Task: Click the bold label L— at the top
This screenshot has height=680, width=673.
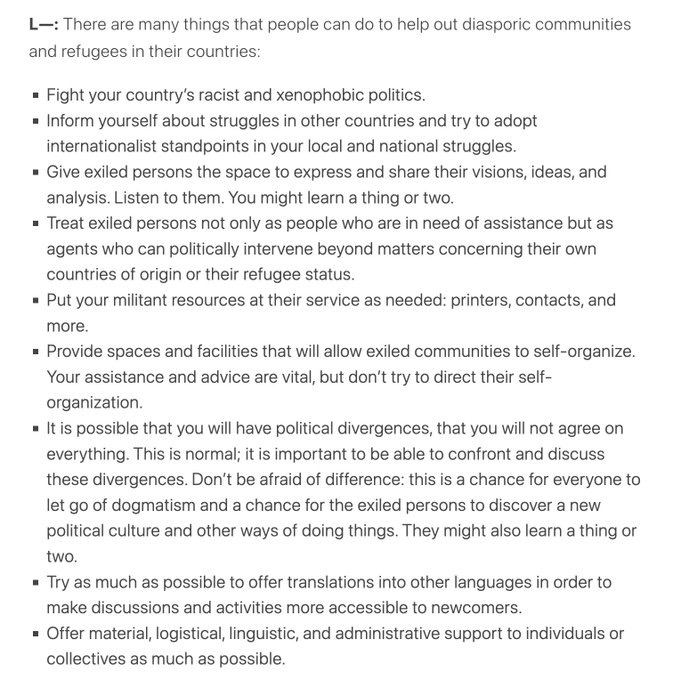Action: click(x=43, y=24)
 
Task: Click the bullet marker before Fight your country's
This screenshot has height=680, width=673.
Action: click(x=35, y=96)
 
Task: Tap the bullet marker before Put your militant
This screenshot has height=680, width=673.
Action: click(x=35, y=301)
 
